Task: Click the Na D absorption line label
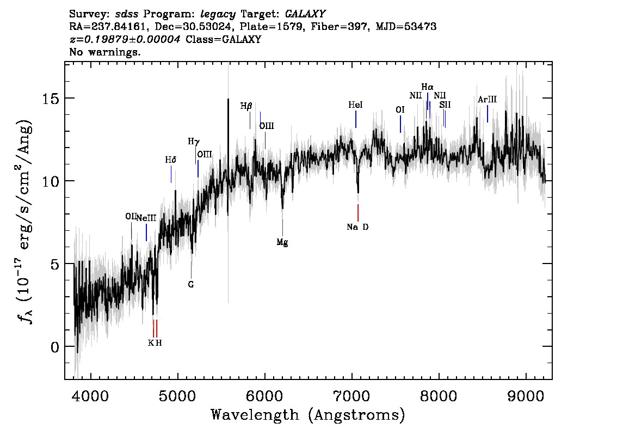click(357, 227)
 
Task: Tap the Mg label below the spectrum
click(282, 242)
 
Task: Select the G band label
click(191, 284)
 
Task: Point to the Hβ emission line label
click(246, 106)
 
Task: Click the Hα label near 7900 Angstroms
click(427, 87)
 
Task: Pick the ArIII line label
click(487, 100)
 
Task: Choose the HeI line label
click(355, 105)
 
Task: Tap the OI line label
click(400, 110)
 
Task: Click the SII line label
click(445, 105)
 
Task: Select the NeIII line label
click(146, 218)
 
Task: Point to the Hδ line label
click(170, 160)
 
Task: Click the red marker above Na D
click(357, 213)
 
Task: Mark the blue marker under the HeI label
click(356, 119)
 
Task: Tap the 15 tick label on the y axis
click(50, 98)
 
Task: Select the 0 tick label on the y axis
click(54, 347)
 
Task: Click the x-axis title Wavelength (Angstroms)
click(308, 415)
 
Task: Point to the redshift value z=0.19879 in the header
click(125, 39)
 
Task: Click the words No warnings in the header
click(104, 52)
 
